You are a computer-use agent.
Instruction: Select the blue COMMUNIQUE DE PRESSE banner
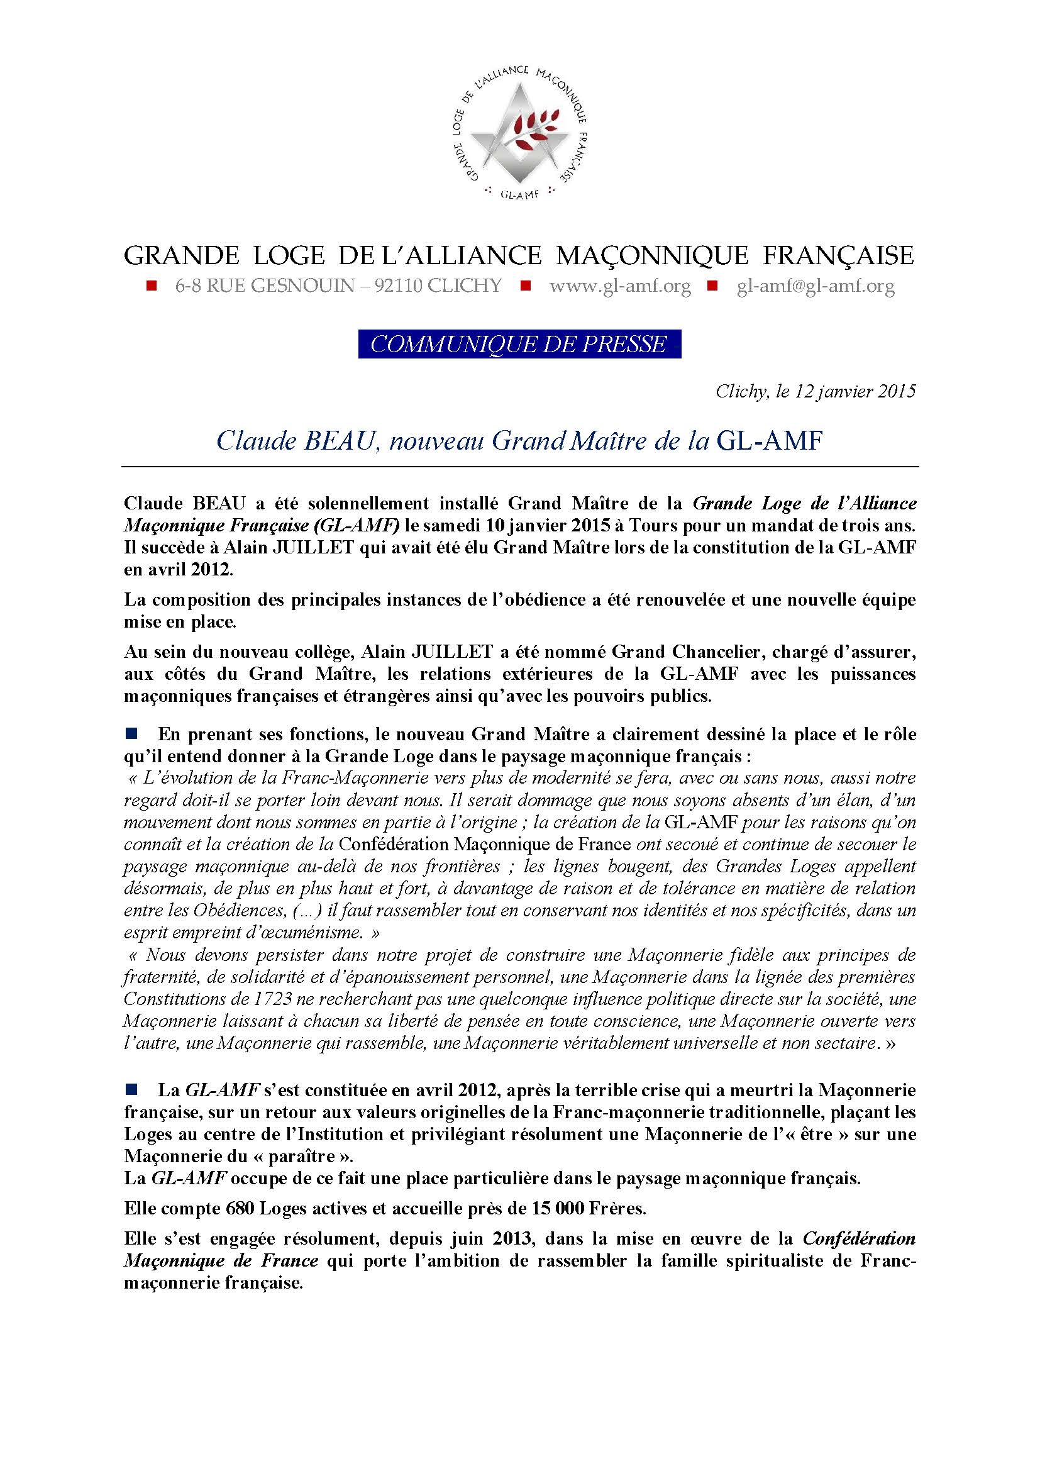[519, 344]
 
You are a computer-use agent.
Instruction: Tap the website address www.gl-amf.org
[620, 286]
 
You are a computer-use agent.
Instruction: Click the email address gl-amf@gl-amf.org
[816, 286]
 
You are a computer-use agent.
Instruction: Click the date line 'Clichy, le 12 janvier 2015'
[816, 391]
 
